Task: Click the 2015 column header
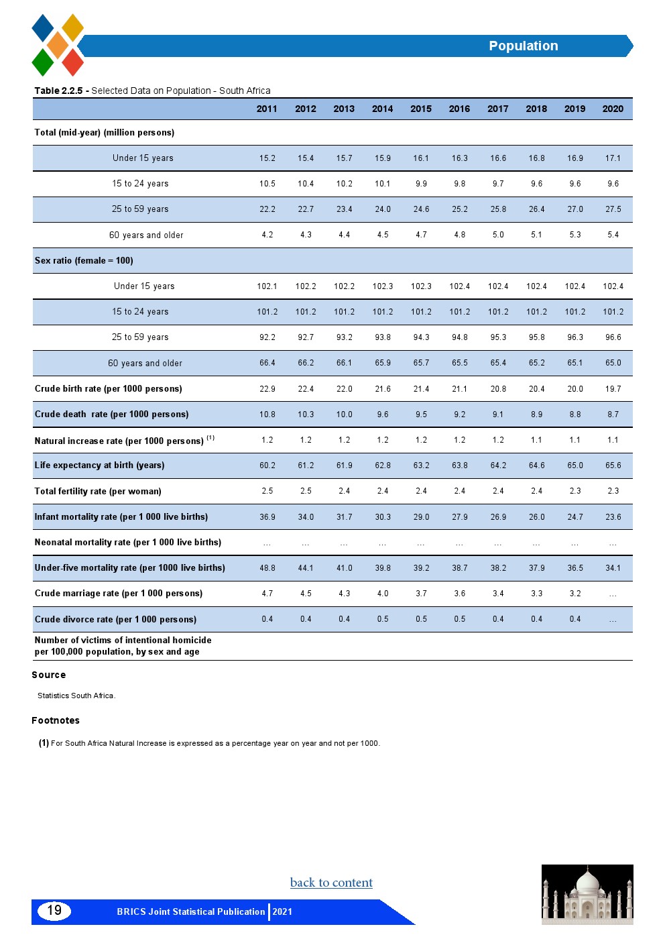[x=421, y=109]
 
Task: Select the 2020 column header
[x=613, y=109]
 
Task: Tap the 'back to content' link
[x=331, y=883]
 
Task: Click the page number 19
[x=54, y=910]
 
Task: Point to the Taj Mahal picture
[x=587, y=894]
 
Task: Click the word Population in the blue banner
[x=523, y=46]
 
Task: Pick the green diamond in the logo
[x=43, y=62]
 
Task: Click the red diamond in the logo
[x=72, y=62]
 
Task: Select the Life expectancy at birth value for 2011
[x=267, y=465]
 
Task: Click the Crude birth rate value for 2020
[x=613, y=389]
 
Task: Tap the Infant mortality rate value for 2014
[x=383, y=517]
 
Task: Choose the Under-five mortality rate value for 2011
[x=267, y=568]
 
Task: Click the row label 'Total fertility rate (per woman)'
[x=98, y=491]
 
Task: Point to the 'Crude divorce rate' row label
[x=115, y=619]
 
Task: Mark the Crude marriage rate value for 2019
[x=575, y=594]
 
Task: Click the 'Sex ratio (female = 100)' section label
[x=84, y=260]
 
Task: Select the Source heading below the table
[x=49, y=675]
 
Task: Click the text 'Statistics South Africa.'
[x=76, y=696]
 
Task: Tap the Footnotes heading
[x=56, y=720]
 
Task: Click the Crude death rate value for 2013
[x=344, y=414]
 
